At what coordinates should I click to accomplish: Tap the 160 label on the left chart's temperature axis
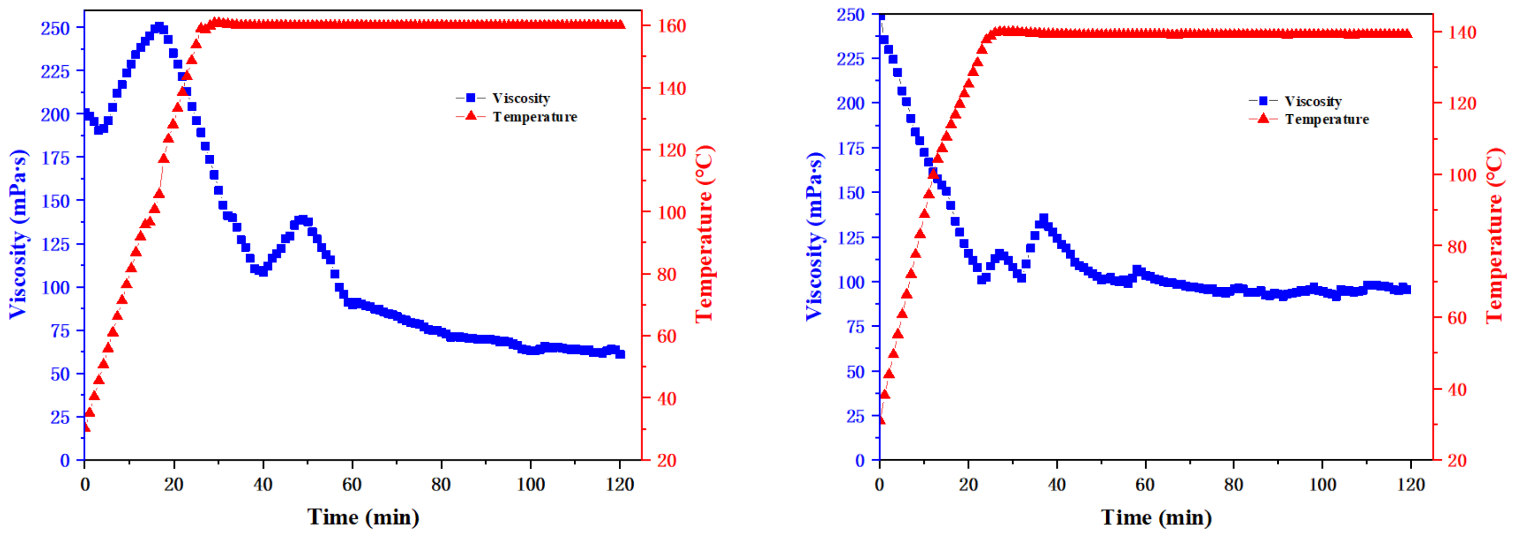tap(671, 26)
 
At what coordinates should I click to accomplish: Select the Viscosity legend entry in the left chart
tap(521, 98)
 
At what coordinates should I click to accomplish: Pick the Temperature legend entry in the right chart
tap(1326, 119)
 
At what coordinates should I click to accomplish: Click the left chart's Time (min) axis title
tap(363, 517)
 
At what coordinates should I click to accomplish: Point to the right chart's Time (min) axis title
tap(1157, 517)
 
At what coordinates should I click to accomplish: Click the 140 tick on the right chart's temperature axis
tap(1462, 32)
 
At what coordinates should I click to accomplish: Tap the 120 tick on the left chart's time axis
tap(620, 484)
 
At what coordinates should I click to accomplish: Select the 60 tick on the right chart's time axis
tap(1145, 484)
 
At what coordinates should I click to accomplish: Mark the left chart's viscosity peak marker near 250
tap(158, 27)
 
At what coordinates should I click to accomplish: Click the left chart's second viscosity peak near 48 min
tap(302, 220)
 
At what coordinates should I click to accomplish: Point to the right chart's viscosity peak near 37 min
tap(1044, 219)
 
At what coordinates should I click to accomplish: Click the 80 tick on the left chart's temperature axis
tap(667, 275)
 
